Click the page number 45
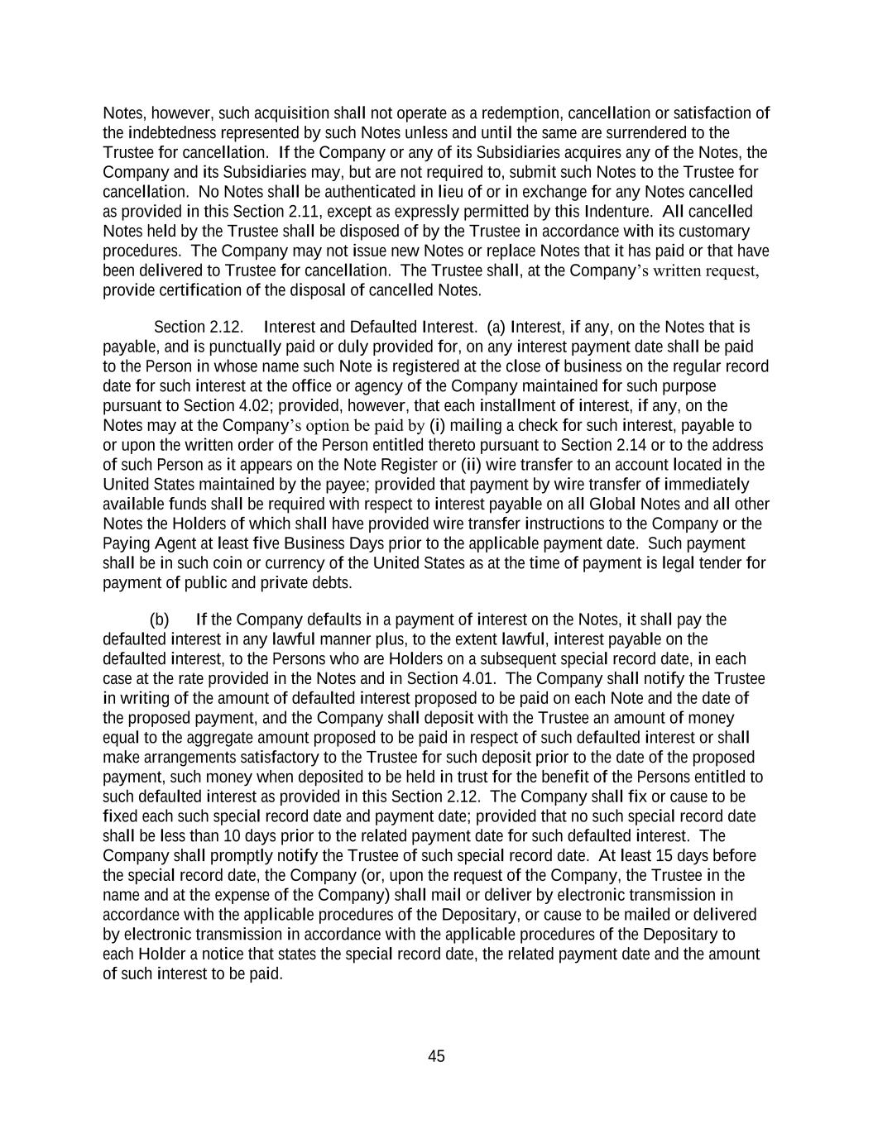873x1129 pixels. tap(436, 1056)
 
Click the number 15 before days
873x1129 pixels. tap(640, 856)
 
